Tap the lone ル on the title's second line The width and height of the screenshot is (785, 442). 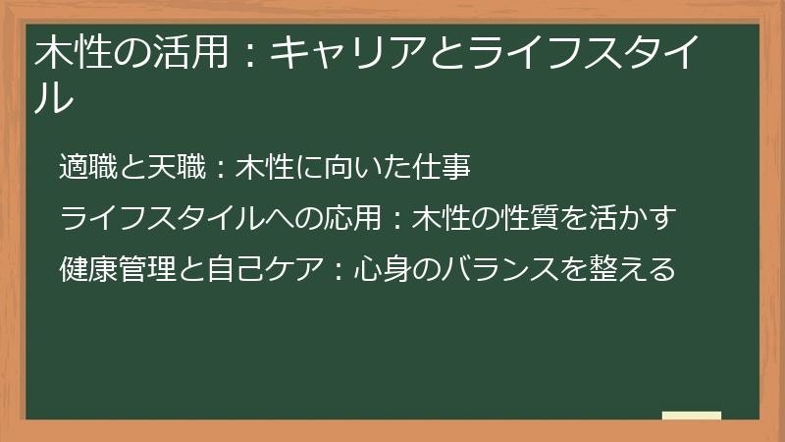[55, 97]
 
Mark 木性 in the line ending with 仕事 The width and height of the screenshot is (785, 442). [266, 168]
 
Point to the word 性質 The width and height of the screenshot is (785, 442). [531, 217]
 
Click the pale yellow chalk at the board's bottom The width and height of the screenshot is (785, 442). [691, 415]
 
